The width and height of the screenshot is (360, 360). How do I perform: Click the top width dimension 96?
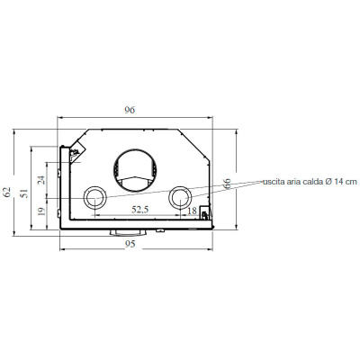click(x=130, y=110)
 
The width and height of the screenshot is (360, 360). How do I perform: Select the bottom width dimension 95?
click(x=130, y=244)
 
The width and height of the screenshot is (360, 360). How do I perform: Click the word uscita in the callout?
click(x=274, y=182)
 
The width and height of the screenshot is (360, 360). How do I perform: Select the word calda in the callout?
click(x=310, y=182)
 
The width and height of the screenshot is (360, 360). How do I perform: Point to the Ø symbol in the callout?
click(x=328, y=182)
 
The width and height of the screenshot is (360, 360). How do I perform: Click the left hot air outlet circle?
click(x=94, y=198)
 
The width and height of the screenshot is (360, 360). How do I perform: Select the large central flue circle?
click(x=136, y=171)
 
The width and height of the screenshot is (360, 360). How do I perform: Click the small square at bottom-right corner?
click(x=205, y=214)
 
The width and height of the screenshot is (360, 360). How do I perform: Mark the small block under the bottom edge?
click(x=118, y=232)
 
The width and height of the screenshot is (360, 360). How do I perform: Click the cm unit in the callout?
click(x=351, y=182)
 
